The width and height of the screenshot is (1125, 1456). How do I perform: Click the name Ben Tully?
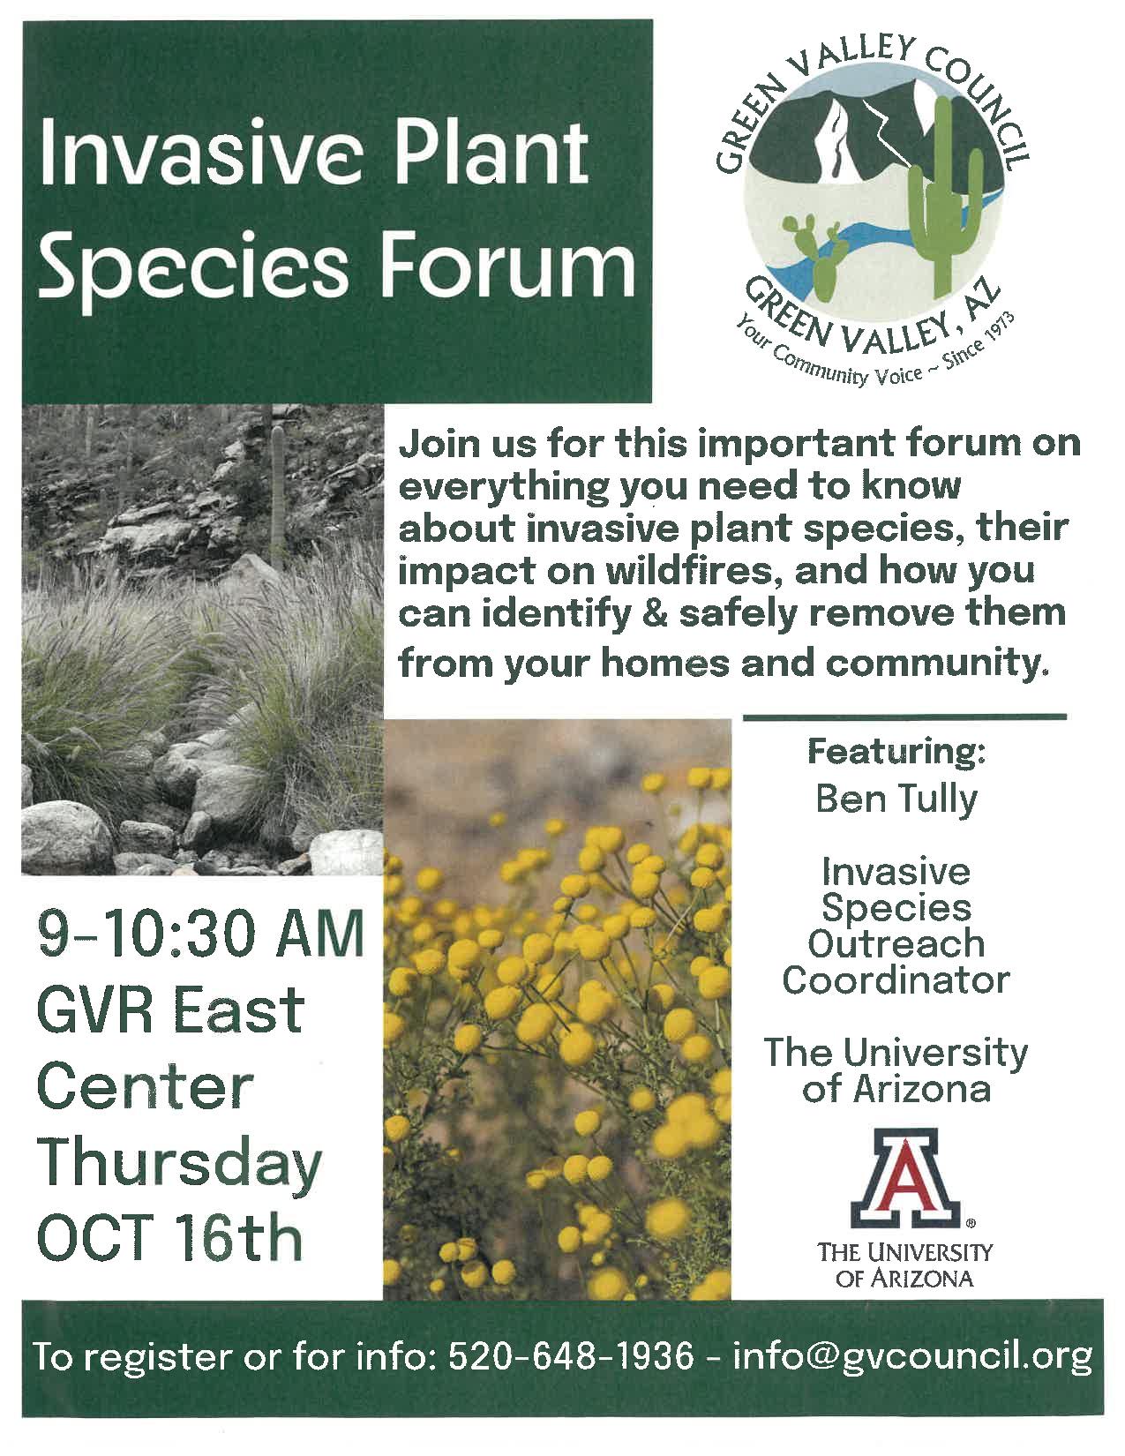click(896, 799)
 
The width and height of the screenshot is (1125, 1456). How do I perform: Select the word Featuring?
click(897, 751)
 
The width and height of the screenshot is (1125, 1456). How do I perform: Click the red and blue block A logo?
click(904, 1185)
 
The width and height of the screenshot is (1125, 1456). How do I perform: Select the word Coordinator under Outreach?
click(896, 980)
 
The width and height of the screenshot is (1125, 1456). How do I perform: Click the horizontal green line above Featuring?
click(904, 717)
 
